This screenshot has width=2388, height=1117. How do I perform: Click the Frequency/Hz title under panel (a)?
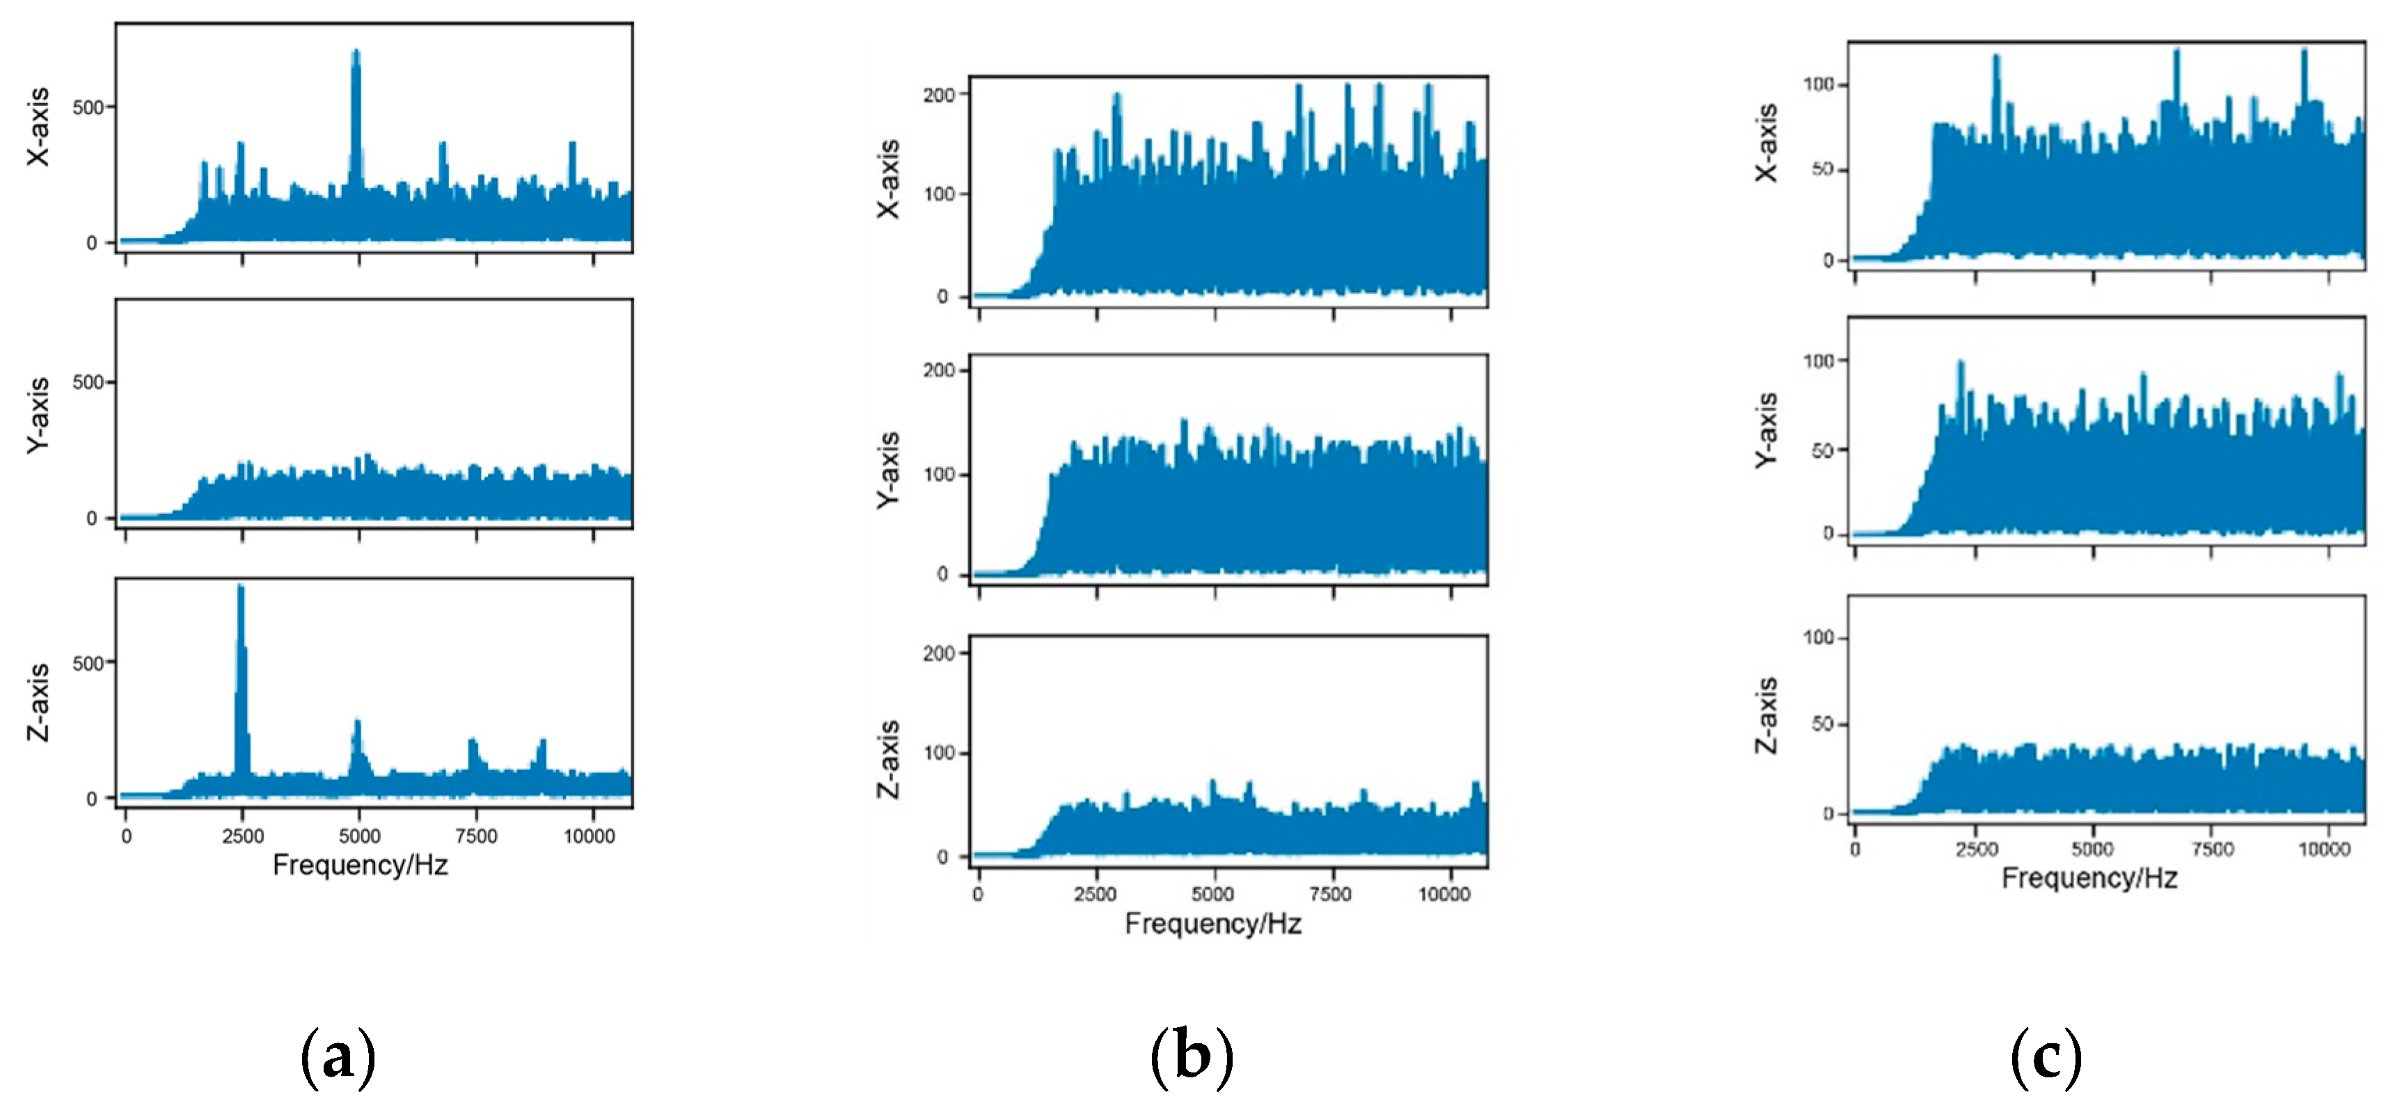pos(360,865)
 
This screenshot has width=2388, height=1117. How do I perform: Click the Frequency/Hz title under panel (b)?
pos(1212,924)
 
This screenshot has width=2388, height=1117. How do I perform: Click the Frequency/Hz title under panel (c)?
pos(2089,877)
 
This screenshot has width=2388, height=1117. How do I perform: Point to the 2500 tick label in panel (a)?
pos(243,836)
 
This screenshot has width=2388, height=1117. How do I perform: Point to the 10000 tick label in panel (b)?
pos(1444,894)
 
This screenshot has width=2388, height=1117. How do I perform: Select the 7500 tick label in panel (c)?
pos(2212,849)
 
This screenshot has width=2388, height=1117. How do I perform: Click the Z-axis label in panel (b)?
pos(888,759)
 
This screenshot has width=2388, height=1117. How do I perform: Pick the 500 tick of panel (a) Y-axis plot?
pos(88,382)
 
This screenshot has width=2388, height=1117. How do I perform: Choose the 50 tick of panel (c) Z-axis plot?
pos(1823,723)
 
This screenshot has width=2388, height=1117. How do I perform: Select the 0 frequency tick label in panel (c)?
pos(1854,849)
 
